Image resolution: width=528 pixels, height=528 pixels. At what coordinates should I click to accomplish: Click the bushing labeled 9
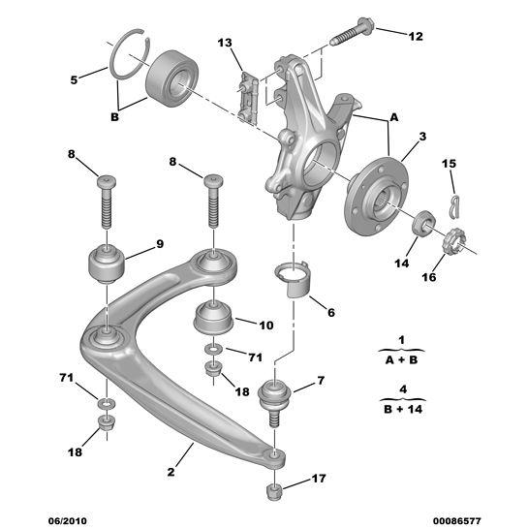coord(106,264)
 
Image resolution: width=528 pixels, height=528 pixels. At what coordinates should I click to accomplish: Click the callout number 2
coord(171,472)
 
